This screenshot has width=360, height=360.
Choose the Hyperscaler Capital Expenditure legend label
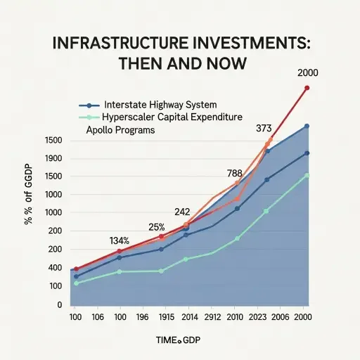pyautogui.click(x=172, y=116)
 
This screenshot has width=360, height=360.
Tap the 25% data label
pyautogui.click(x=157, y=227)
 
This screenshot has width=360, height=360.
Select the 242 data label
pyautogui.click(x=183, y=211)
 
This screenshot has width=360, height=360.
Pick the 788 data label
pyautogui.click(x=235, y=173)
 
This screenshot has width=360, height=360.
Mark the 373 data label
pyautogui.click(x=264, y=129)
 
